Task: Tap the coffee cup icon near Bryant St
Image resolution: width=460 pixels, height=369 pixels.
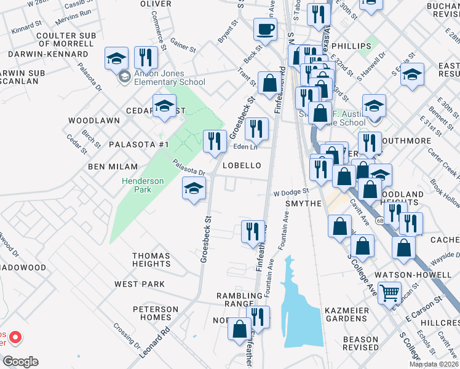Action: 265,29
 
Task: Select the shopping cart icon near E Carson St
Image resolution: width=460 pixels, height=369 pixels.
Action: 389,293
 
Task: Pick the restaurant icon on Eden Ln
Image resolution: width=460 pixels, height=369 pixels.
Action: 256,129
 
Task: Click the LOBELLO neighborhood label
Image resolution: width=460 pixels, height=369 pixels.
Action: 242,165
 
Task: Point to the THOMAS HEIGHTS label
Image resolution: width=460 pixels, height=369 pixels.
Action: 151,260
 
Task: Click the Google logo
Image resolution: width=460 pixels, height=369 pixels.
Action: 20,362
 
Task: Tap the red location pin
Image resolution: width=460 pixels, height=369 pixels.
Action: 14,338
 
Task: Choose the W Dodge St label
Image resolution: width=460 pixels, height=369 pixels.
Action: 291,192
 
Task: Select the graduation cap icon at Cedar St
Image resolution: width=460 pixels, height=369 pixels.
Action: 164,106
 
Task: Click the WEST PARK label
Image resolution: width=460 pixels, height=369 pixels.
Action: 140,284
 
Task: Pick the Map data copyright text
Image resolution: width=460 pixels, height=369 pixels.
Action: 434,364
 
